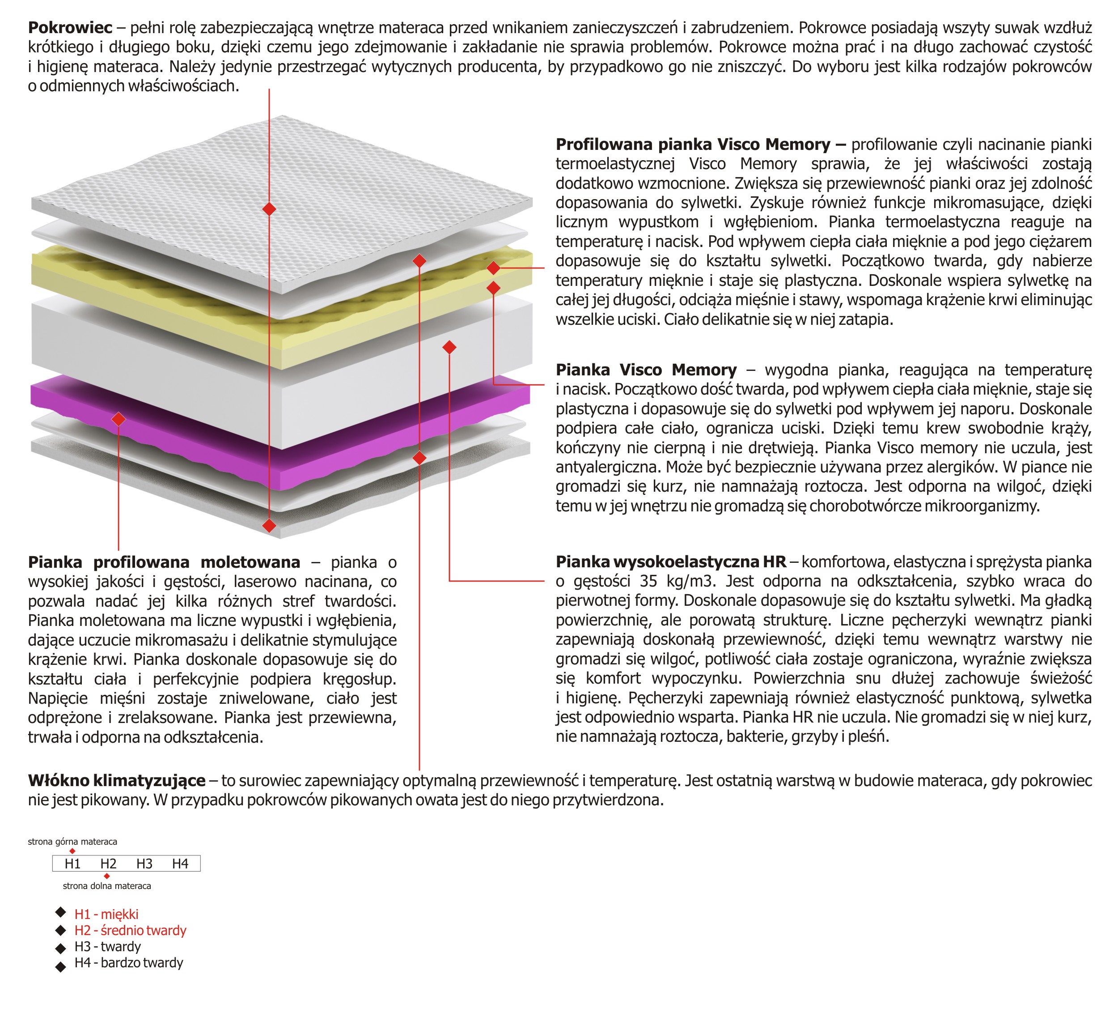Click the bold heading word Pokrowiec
[x=70, y=27]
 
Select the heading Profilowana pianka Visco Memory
[x=700, y=145]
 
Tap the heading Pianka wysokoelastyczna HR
[x=670, y=561]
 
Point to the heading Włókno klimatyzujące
[x=116, y=780]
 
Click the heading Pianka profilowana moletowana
[x=164, y=562]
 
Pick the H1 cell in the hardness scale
[x=72, y=863]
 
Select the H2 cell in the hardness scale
[x=108, y=863]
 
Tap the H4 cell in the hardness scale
[x=180, y=863]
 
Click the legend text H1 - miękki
[x=106, y=914]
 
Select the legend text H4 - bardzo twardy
[x=129, y=962]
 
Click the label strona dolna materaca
[x=107, y=886]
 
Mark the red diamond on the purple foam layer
[x=119, y=419]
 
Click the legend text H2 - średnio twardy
[x=130, y=930]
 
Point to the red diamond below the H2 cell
[x=107, y=876]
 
